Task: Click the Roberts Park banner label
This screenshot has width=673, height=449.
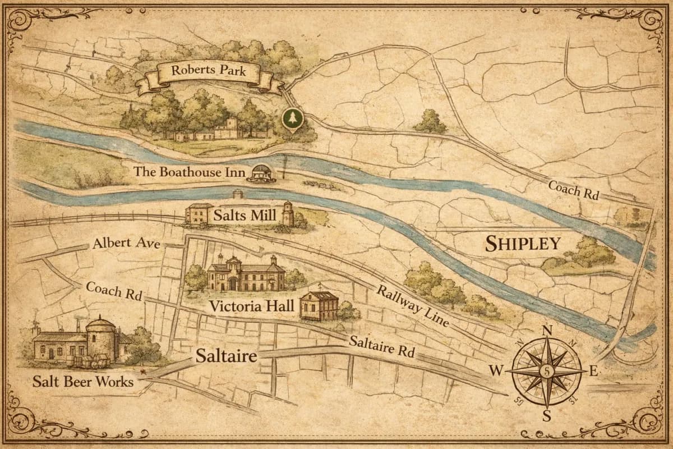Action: coord(209,72)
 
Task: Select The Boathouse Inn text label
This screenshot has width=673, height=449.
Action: coord(189,172)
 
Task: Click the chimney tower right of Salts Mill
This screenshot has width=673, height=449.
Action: coord(288,214)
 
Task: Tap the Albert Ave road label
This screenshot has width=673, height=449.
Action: coord(127,244)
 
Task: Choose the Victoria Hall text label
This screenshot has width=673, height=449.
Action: coord(251,306)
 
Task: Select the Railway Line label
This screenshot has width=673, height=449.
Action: coord(412,306)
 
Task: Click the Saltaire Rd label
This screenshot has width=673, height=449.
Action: coord(381,346)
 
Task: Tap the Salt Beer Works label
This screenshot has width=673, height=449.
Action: coord(83,382)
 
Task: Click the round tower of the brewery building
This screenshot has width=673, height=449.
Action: coord(101,338)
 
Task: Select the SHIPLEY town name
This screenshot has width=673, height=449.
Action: coord(523,244)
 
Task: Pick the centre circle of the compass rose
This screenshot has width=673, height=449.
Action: coord(547,371)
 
